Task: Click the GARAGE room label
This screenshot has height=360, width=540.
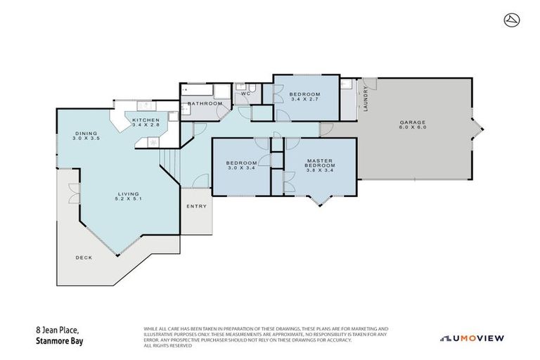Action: pyautogui.click(x=413, y=122)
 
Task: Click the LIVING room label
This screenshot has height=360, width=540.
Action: pyautogui.click(x=128, y=193)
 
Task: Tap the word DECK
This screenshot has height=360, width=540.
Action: pyautogui.click(x=84, y=258)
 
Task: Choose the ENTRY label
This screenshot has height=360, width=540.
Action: pyautogui.click(x=197, y=206)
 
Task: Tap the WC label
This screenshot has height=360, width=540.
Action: pyautogui.click(x=245, y=94)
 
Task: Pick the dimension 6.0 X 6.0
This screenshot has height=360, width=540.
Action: pyautogui.click(x=413, y=128)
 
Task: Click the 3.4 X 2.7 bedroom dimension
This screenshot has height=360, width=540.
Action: pyautogui.click(x=306, y=99)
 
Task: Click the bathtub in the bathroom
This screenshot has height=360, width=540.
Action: pyautogui.click(x=198, y=89)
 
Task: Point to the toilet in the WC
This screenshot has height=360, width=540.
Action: pyautogui.click(x=240, y=86)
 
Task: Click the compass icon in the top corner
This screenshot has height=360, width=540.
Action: pyautogui.click(x=511, y=20)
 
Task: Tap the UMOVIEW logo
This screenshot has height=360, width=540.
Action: pyautogui.click(x=472, y=338)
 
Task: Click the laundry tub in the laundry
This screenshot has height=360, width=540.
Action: pyautogui.click(x=347, y=86)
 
